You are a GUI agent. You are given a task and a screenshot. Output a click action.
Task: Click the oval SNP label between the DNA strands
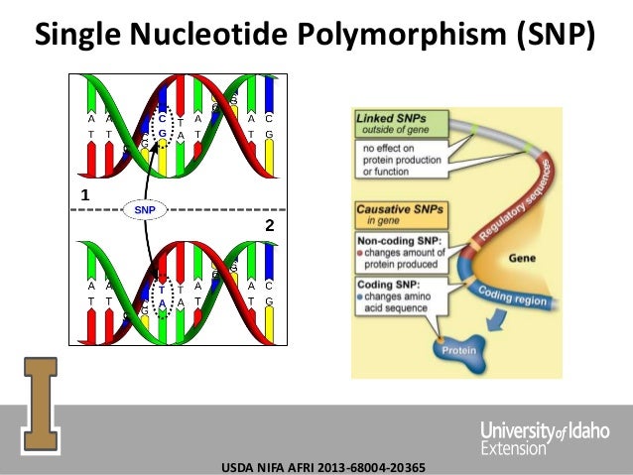click(145, 210)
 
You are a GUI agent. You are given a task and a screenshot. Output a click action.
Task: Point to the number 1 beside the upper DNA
click(84, 195)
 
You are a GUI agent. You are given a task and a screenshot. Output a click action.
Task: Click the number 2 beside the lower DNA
click(268, 227)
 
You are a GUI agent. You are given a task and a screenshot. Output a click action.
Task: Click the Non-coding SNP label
click(401, 239)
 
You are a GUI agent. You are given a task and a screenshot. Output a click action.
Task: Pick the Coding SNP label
click(389, 286)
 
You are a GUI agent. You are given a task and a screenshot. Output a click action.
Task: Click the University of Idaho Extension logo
click(537, 435)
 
